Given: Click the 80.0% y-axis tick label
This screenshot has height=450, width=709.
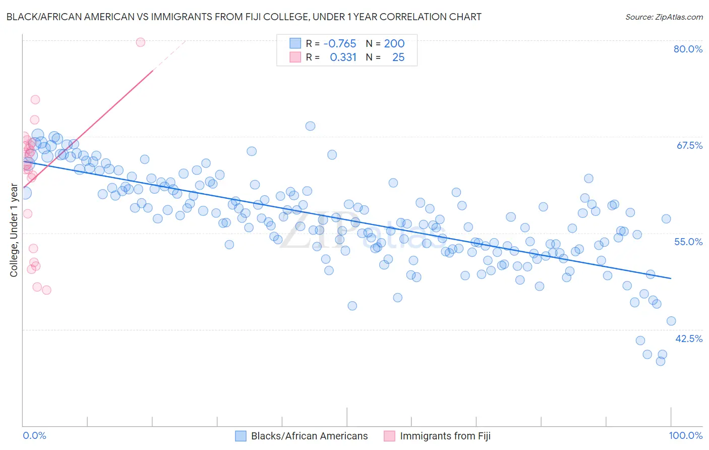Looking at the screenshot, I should coord(688,49).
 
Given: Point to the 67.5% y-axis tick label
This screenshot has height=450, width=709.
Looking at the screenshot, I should coord(689,145).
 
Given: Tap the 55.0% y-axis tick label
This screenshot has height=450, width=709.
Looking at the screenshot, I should coord(688,242).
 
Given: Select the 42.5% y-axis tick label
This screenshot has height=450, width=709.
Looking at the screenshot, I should coord(689,339).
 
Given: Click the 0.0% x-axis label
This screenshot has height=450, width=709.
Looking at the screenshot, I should coord(34,435).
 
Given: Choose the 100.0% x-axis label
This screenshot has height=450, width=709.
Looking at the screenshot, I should coord(685,435).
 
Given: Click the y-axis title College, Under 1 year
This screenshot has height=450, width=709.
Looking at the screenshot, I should coord(14,230).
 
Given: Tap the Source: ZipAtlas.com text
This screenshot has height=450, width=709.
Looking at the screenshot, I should coord(664,17).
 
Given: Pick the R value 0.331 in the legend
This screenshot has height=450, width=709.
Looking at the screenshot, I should coord(343,58).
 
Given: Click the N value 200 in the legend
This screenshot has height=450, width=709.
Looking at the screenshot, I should coord(394,44).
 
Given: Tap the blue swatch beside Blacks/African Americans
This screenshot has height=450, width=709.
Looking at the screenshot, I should coord(241,436).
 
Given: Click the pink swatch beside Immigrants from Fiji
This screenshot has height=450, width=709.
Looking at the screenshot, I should coord(389,436).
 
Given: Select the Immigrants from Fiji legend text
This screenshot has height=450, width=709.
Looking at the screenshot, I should coord(445,436).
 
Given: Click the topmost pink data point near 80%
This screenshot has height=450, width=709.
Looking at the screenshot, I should coord(141,42).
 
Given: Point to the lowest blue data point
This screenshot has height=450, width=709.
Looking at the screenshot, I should coord(661,361).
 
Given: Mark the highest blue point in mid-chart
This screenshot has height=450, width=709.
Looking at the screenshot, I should coord(310,126).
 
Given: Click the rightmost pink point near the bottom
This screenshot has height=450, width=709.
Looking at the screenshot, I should coord(46,290).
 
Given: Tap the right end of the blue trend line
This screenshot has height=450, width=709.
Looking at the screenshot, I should coord(671,278).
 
